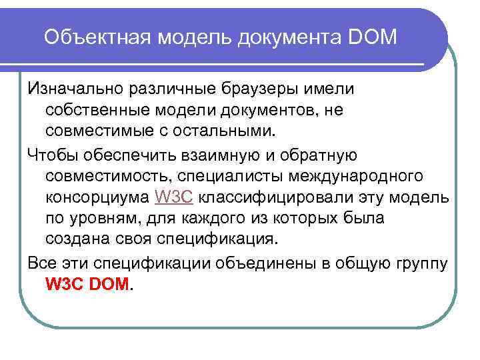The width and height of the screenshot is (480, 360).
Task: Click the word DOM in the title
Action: click(x=372, y=37)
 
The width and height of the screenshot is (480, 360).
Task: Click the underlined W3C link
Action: click(x=173, y=197)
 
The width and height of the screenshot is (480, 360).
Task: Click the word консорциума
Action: click(x=97, y=197)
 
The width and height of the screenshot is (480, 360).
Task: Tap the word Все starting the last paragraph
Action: click(x=41, y=262)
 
